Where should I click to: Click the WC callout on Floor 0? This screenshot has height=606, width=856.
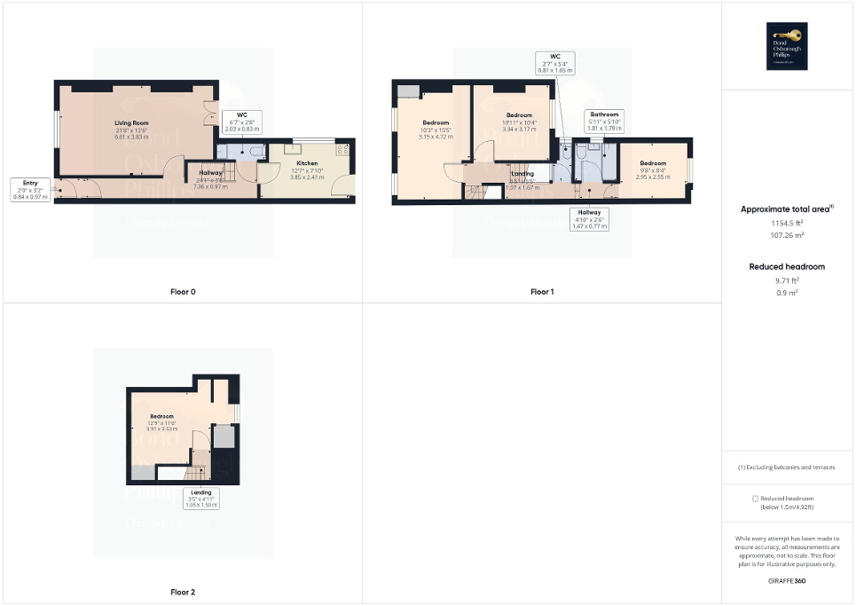241,122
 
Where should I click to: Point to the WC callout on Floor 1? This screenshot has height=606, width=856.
556,62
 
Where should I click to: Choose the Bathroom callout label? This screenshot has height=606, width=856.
605,121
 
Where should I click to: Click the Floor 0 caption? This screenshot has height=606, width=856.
183,291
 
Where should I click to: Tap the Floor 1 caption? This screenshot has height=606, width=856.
542,291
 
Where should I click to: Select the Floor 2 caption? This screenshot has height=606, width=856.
183,591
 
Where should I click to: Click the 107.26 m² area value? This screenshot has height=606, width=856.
788,236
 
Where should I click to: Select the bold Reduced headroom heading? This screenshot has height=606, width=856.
788,266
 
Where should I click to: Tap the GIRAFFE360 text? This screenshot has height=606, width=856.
788,578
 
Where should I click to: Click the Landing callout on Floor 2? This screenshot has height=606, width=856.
200,499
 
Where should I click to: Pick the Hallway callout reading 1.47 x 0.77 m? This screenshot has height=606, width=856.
589,218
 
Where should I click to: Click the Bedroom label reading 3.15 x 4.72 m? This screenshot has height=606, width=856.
436,129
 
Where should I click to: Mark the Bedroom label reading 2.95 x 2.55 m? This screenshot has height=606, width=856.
653,169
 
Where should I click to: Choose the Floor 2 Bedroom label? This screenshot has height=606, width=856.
161,421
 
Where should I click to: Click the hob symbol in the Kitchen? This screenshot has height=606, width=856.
342,149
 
